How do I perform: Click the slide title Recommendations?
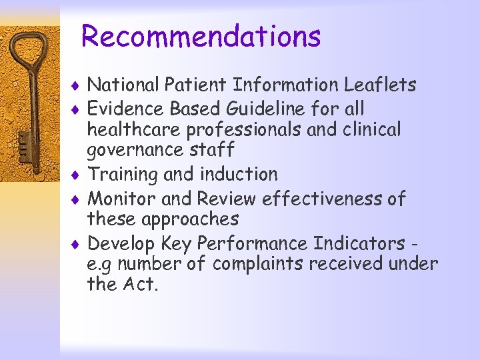(201, 37)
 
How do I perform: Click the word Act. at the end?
(140, 285)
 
